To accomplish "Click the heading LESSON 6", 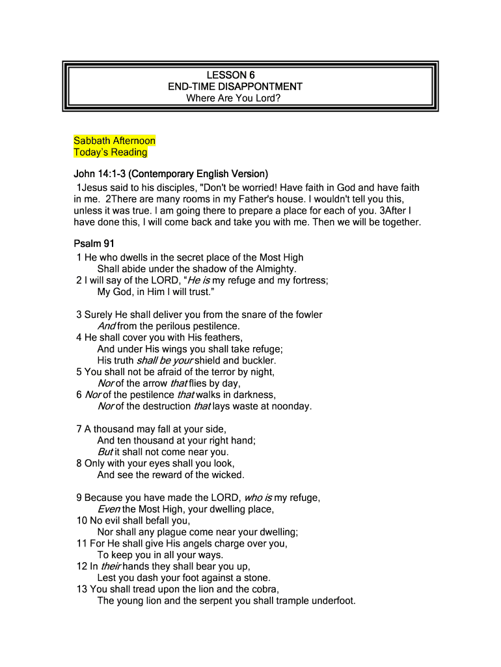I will (x=235, y=75).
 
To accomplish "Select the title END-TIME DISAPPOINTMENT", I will (x=235, y=87).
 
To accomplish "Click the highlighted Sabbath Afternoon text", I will (x=115, y=141).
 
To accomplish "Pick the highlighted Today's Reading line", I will (x=111, y=152).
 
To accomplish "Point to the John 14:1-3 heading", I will (x=171, y=174).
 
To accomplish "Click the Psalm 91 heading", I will (x=95, y=244).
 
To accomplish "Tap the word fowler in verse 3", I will (x=308, y=315).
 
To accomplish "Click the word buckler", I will (x=259, y=360).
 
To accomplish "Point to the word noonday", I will (x=290, y=406).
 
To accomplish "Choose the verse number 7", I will (x=79, y=429).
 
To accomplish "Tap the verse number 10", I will (x=82, y=520).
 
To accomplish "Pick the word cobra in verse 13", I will (x=264, y=589).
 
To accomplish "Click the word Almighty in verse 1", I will (x=273, y=268).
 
